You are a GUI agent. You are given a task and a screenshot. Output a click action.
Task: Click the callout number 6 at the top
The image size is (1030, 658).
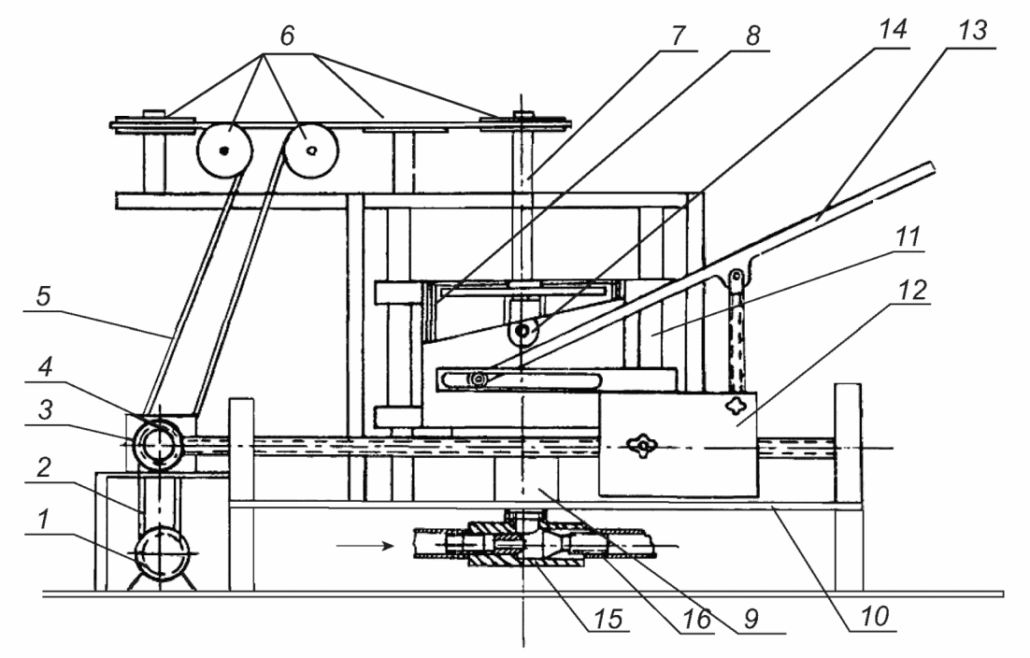pos(287,36)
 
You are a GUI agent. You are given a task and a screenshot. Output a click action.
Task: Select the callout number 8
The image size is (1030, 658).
pos(752,36)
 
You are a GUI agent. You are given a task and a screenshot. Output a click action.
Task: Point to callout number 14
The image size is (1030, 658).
pos(893,30)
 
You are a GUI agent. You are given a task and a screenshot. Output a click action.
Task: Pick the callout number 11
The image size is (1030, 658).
pos(908,236)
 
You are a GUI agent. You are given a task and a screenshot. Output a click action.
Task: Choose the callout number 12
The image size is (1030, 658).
pos(911,291)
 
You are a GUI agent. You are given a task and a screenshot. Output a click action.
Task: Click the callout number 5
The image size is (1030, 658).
pos(43,296)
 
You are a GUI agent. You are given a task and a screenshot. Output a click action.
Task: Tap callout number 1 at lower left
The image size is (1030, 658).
pos(43,520)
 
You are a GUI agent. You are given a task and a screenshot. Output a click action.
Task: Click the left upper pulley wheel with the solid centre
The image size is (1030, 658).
pos(224,150)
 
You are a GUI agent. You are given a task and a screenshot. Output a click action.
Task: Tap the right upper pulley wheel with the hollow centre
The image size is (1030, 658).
pos(310,150)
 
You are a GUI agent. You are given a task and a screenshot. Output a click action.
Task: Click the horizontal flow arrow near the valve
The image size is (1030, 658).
pos(365,545)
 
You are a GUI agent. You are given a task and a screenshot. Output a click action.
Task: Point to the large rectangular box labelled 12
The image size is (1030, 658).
pos(678,444)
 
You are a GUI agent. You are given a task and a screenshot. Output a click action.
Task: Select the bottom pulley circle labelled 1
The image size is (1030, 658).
pos(162,553)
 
